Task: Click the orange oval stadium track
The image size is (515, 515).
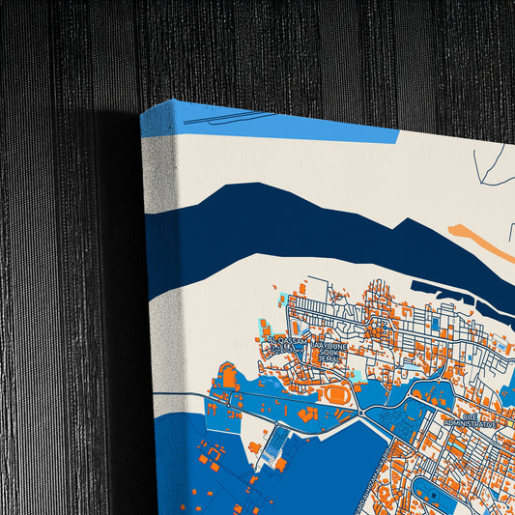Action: tap(338, 394)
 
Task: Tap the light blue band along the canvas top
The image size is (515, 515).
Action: tap(290, 126)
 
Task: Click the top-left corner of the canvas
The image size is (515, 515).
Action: tap(143, 114)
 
